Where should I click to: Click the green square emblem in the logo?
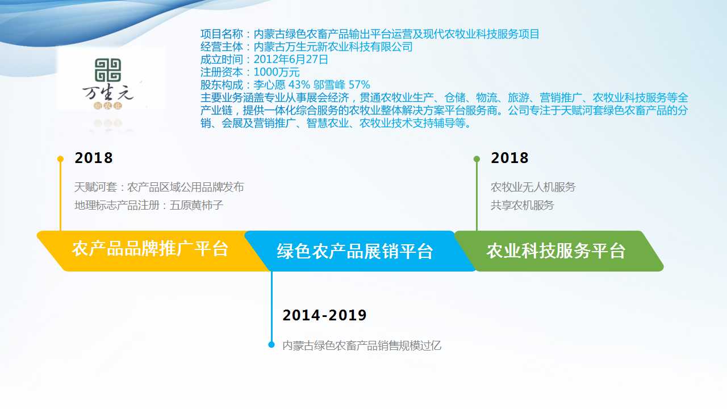(x=108, y=70)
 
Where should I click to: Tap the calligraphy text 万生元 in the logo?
(x=108, y=93)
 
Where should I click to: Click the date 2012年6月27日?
(x=291, y=60)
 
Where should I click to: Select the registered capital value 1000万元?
(x=277, y=72)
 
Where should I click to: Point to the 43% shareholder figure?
(x=299, y=85)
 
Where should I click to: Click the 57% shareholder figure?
(x=359, y=85)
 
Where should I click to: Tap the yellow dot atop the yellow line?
(x=60, y=158)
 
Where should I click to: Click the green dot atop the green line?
(x=477, y=158)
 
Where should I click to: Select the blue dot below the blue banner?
(x=271, y=345)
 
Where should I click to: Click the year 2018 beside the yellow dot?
(x=94, y=158)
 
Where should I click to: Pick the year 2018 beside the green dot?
(x=509, y=158)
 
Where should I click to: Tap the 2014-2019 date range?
(x=324, y=315)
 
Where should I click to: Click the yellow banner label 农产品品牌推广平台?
(x=150, y=249)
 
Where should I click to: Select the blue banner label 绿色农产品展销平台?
(x=355, y=251)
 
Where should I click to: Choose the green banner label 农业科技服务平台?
(x=556, y=251)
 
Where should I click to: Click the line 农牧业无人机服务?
(x=533, y=187)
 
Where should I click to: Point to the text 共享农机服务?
(x=523, y=206)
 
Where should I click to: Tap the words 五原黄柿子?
(x=197, y=206)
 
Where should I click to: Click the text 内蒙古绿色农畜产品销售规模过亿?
(x=362, y=346)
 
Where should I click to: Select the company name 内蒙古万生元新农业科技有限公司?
(x=333, y=47)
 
